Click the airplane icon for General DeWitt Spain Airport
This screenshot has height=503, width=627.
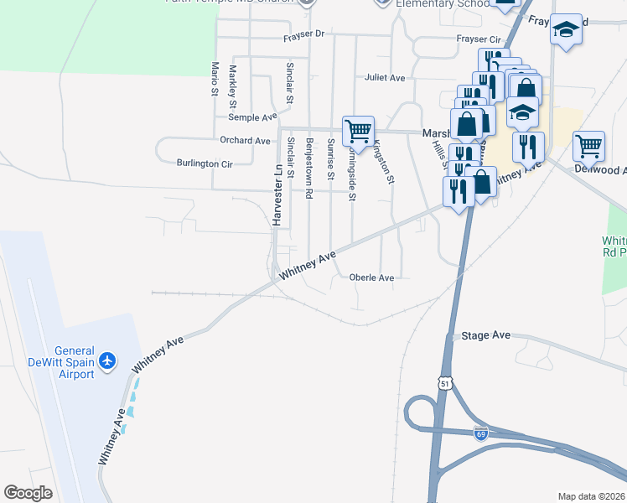tap(107, 360)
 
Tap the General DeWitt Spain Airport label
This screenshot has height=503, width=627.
tap(73, 363)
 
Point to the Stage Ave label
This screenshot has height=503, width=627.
tap(486, 335)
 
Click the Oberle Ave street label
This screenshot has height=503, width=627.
tap(371, 277)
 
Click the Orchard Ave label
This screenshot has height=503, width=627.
tap(245, 140)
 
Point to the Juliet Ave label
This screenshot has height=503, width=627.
tap(385, 78)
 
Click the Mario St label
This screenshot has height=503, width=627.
tap(215, 77)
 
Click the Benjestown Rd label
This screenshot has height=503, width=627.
tap(309, 167)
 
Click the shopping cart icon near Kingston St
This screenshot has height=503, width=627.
tap(358, 131)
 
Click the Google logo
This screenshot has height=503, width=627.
tap(28, 493)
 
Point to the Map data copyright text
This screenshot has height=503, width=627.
tap(591, 496)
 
